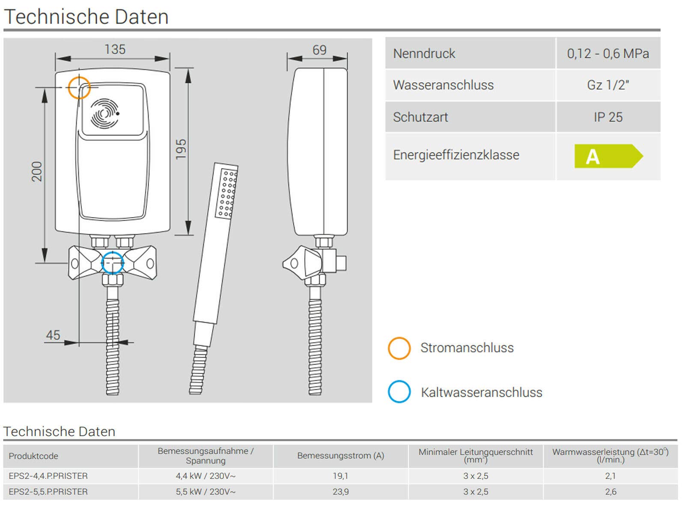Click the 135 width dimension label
coord(115,49)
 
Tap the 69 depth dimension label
coord(319,50)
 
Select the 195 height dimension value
coord(181,149)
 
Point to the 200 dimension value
coord(37,171)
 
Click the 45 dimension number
coord(53,335)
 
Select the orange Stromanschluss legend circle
coord(388,348)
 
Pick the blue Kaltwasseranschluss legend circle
coord(388,391)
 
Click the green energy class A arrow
coord(608,156)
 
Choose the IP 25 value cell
coord(608,117)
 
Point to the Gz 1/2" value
coord(608,85)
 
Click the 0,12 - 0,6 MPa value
coord(608,54)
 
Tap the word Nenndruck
coord(424,54)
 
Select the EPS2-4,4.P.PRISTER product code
coord(48,476)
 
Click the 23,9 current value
coord(340,492)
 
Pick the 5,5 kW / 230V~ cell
coord(205,492)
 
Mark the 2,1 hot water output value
coord(611,476)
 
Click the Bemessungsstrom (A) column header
coord(340,456)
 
